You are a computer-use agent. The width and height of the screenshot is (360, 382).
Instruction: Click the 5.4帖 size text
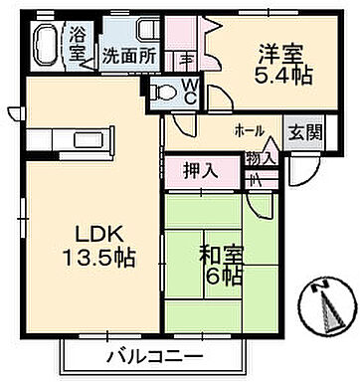click(260, 75)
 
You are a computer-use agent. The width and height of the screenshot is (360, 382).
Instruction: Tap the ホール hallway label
click(249, 131)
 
